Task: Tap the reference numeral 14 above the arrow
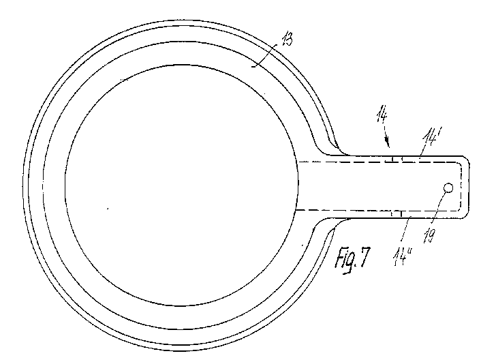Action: tap(382, 114)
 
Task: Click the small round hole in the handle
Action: tap(448, 187)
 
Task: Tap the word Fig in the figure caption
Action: tap(346, 260)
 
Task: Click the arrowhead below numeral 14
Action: tap(388, 142)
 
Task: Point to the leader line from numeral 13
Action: tap(264, 55)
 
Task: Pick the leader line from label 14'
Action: tap(424, 150)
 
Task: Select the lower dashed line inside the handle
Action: tap(377, 211)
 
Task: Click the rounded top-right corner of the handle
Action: tap(466, 159)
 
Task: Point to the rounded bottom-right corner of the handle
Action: tap(465, 215)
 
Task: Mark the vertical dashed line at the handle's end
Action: tap(461, 187)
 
